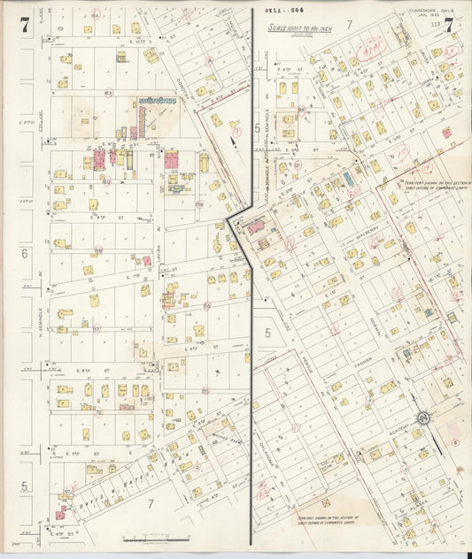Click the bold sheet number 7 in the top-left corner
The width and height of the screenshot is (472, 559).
25,27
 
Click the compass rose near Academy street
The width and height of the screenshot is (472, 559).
423,417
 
